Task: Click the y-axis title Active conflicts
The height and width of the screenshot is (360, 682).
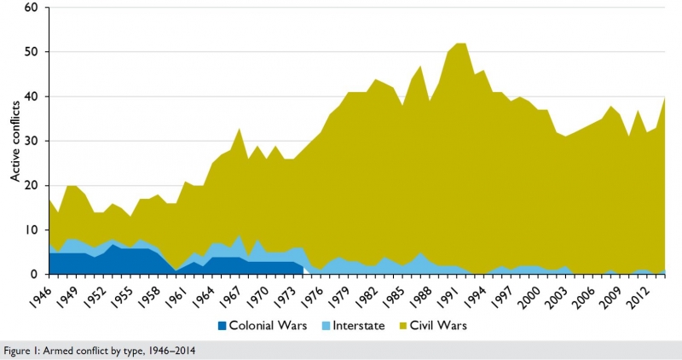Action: pyautogui.click(x=14, y=141)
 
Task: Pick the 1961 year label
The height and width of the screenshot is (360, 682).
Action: pyautogui.click(x=177, y=295)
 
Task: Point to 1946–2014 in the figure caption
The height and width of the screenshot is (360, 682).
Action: pyautogui.click(x=160, y=349)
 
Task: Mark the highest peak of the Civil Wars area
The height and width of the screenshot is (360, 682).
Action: pyautogui.click(x=461, y=44)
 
